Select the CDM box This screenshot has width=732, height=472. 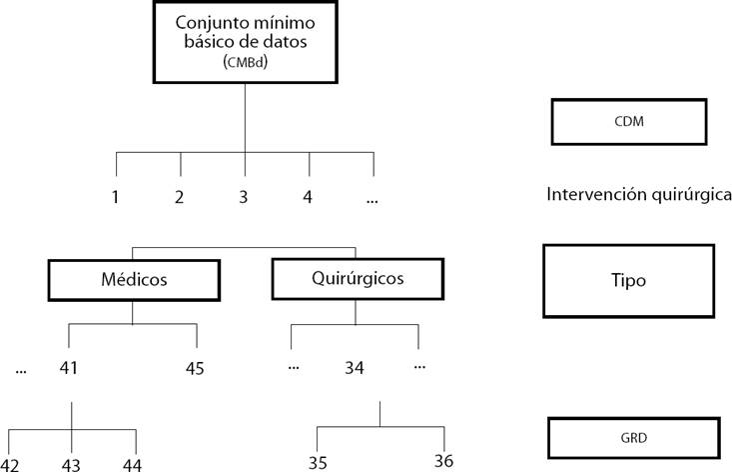pyautogui.click(x=628, y=122)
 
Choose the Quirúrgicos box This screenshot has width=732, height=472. pyautogui.click(x=355, y=279)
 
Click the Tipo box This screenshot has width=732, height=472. pyautogui.click(x=628, y=281)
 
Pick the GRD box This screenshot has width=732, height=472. pyautogui.click(x=632, y=436)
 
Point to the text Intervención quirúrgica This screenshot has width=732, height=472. pyautogui.click(x=639, y=194)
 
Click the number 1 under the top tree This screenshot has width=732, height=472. pyautogui.click(x=116, y=197)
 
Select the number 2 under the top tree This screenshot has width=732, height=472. pyautogui.click(x=180, y=197)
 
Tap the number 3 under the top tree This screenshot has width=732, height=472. pyautogui.click(x=243, y=197)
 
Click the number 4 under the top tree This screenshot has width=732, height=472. pyautogui.click(x=308, y=197)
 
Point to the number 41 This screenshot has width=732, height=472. pyautogui.click(x=69, y=367)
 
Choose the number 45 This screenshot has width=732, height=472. pyautogui.click(x=195, y=368)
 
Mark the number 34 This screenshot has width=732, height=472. pyautogui.click(x=354, y=368)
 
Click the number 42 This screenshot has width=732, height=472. pyautogui.click(x=10, y=464)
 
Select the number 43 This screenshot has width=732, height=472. pyautogui.click(x=71, y=464)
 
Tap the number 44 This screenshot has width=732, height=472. pyautogui.click(x=133, y=464)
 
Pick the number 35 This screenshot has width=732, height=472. pyautogui.click(x=319, y=463)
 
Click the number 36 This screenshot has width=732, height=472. pyautogui.click(x=444, y=461)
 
